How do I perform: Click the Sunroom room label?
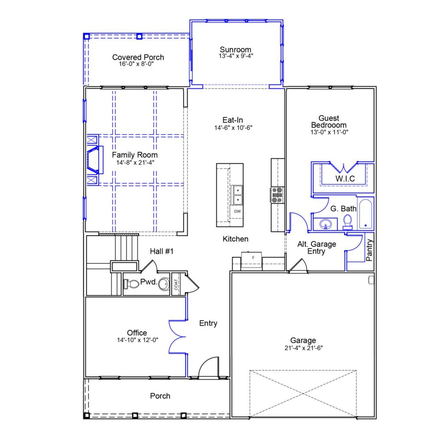(235, 49)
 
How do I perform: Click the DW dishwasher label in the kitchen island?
(238, 211)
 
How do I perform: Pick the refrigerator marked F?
(251, 259)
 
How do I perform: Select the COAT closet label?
(176, 284)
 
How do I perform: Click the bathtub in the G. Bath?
(366, 213)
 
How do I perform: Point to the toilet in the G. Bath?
(348, 222)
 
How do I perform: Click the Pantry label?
(370, 250)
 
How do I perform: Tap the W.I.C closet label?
(345, 179)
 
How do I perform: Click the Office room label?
(137, 333)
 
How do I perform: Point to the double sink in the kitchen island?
(237, 195)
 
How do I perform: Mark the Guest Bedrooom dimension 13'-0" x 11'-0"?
(330, 132)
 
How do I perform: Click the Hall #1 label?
(162, 251)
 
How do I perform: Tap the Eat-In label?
(233, 120)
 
